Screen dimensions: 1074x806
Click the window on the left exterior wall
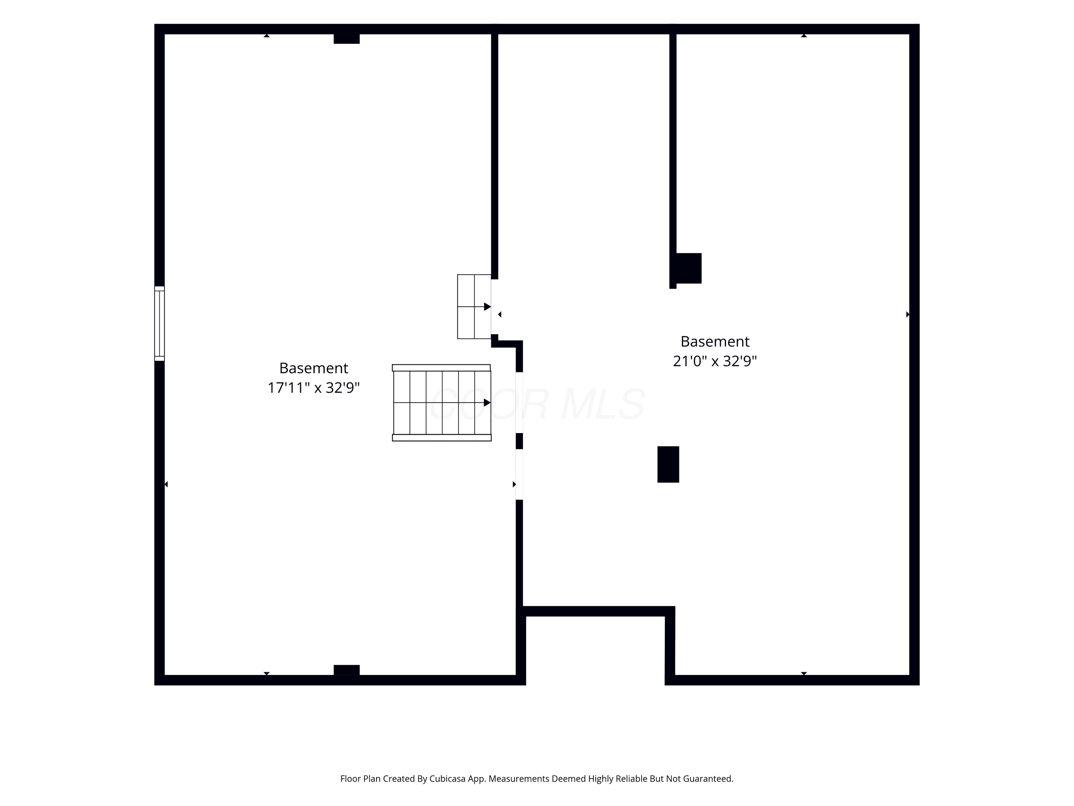(x=159, y=323)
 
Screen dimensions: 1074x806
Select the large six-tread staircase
(x=442, y=403)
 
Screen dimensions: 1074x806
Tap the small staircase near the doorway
(x=474, y=307)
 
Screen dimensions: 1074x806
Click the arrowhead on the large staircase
(x=487, y=403)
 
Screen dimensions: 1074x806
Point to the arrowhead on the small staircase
(x=487, y=307)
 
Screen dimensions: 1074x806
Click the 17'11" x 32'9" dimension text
(x=314, y=388)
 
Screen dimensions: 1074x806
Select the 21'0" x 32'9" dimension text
(x=715, y=361)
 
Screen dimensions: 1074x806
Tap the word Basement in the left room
(x=314, y=368)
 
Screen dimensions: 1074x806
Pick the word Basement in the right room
(x=715, y=341)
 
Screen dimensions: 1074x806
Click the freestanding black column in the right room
(x=668, y=465)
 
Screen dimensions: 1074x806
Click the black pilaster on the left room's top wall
(x=347, y=38)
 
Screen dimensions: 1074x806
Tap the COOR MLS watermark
(x=537, y=404)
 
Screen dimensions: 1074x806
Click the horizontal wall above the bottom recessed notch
(x=596, y=611)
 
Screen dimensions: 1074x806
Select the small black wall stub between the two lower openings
(x=519, y=441)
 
